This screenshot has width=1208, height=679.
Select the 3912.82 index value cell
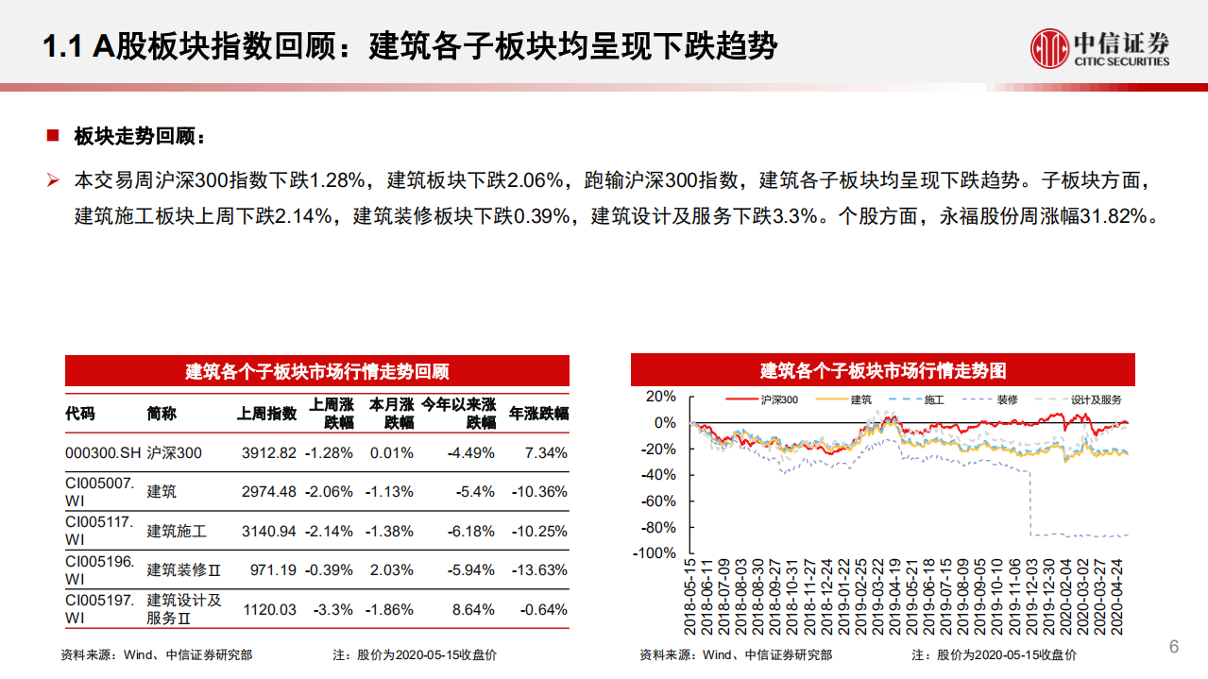(x=269, y=453)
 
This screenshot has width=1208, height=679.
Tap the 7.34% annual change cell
(x=546, y=453)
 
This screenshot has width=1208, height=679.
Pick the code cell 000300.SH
(x=103, y=453)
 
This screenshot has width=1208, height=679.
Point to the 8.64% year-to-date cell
(x=473, y=610)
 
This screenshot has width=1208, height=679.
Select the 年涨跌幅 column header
(x=539, y=414)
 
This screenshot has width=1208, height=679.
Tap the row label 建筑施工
(x=177, y=531)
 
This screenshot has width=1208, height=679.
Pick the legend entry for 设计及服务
(x=1097, y=399)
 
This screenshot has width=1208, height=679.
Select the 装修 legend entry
(x=1007, y=399)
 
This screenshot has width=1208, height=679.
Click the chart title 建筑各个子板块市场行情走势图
(x=883, y=370)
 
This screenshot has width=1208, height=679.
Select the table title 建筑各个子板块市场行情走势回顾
(x=316, y=370)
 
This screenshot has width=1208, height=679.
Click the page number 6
(x=1174, y=647)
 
